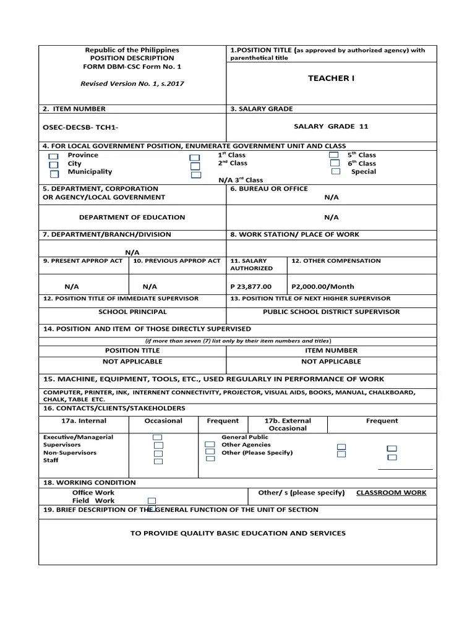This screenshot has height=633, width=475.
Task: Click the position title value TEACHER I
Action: [332, 79]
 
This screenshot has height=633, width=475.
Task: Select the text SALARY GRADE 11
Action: [331, 126]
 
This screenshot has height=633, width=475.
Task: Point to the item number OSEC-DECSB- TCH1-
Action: [80, 127]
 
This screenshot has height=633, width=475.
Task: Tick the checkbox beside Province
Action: [54, 157]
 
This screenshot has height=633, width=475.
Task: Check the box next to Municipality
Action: [54, 174]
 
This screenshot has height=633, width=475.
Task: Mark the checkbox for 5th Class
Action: [334, 155]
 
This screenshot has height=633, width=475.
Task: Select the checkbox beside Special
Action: [336, 172]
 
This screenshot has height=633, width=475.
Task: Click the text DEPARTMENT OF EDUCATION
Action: [132, 218]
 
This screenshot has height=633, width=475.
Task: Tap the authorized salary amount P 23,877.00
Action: [250, 287]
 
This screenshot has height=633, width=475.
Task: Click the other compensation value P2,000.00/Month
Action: [323, 287]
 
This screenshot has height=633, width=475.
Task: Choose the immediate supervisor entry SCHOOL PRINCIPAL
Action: [132, 312]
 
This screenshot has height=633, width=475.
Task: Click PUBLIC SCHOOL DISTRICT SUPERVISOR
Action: [331, 312]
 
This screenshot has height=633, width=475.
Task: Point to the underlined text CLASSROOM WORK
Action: [391, 493]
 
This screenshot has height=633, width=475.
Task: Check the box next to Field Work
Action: [152, 501]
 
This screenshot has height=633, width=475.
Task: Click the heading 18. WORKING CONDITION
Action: [89, 482]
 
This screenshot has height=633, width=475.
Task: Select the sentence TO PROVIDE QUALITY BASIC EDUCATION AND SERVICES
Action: [237, 533]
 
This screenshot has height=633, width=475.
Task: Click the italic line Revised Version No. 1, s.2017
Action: [132, 83]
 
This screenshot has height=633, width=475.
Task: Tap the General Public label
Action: [245, 437]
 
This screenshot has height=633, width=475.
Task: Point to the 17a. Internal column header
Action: [83, 421]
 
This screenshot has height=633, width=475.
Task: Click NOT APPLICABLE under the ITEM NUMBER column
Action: [331, 361]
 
